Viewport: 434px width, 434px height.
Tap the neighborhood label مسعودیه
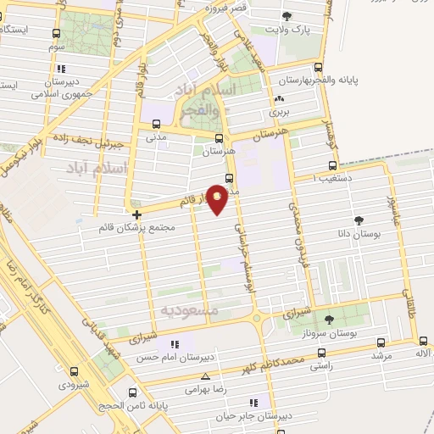[x=188, y=310]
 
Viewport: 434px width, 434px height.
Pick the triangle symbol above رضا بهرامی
[x=205, y=376]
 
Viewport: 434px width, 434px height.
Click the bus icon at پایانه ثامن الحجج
[x=131, y=392]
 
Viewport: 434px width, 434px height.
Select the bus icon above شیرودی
[x=74, y=371]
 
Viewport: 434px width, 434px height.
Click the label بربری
[x=279, y=110]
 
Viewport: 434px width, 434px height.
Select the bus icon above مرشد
[x=380, y=342]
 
